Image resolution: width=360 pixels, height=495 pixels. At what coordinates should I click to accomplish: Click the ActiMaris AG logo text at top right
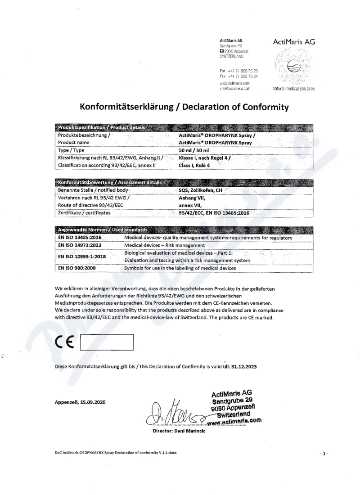click(294, 42)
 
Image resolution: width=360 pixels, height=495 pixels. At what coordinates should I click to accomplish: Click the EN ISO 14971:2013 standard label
click(80, 245)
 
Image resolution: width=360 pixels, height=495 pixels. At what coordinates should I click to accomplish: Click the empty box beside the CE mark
click(107, 342)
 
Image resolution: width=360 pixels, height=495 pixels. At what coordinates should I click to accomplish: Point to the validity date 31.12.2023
click(242, 367)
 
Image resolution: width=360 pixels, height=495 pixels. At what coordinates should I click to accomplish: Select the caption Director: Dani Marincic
click(179, 431)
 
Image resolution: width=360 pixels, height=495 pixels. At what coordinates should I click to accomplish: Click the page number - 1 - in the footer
click(323, 453)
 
